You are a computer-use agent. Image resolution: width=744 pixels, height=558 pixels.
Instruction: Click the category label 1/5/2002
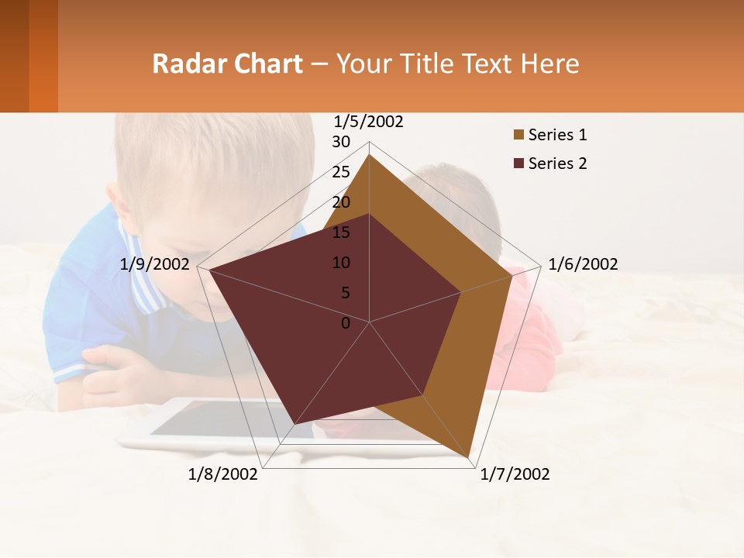coord(368,122)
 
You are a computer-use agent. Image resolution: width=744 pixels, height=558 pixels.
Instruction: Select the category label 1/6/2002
coord(583,264)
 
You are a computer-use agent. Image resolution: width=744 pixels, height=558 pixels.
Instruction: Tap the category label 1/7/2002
coord(515,474)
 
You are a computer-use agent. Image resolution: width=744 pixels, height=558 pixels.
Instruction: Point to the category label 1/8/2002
coord(222,474)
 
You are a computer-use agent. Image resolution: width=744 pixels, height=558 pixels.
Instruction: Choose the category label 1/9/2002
coord(154,264)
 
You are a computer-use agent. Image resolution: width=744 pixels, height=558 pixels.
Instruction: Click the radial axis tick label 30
coord(341,142)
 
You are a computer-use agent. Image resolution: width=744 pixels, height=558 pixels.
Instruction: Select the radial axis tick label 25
coord(341,172)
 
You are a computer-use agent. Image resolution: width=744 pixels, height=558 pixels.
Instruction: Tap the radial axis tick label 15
coord(341,232)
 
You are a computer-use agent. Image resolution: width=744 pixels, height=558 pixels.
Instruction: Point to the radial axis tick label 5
coord(346,293)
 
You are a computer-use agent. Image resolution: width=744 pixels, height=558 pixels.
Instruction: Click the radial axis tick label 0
coord(346,323)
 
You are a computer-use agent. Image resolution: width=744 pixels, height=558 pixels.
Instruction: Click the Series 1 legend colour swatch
coord(518,136)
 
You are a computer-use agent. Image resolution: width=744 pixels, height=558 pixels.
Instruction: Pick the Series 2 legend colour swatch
coord(518,164)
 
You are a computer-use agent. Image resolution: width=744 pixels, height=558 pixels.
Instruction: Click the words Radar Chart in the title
coord(227,64)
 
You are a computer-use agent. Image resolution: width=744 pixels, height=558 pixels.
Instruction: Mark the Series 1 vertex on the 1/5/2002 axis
coord(369,154)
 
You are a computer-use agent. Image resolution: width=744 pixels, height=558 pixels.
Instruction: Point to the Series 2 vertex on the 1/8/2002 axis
coord(294,424)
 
